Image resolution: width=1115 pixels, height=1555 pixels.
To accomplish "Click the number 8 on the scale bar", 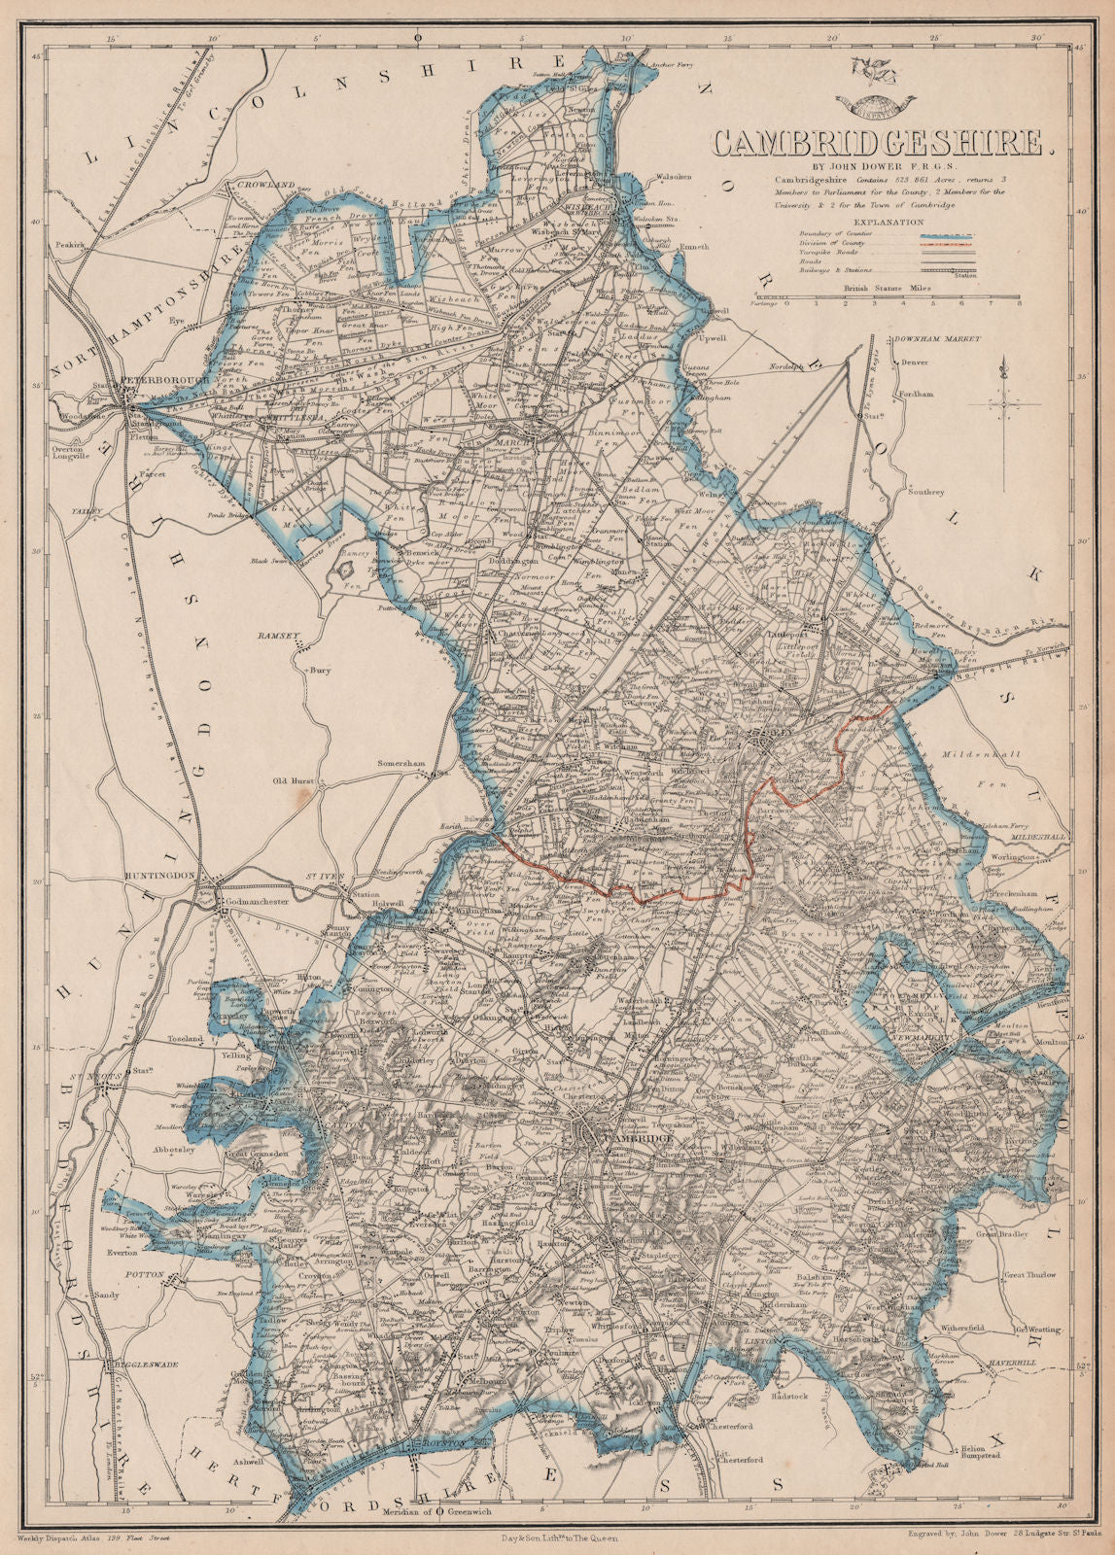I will [1018, 304].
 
